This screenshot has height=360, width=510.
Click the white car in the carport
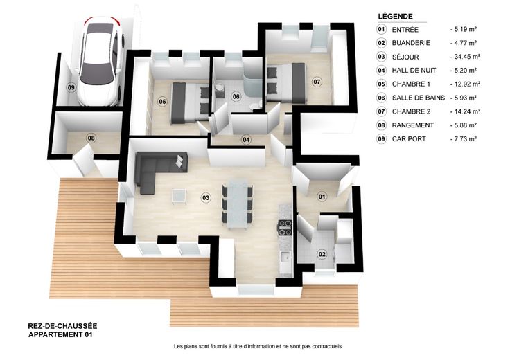100,61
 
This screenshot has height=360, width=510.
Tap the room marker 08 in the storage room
91,138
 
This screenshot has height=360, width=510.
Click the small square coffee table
179,197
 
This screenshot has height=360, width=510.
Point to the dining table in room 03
238,203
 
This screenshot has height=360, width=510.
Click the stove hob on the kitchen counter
285,228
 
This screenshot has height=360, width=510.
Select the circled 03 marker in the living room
206,197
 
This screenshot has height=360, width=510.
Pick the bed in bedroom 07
286,84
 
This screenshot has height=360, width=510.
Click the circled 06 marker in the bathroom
236,96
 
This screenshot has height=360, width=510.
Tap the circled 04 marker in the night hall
246,140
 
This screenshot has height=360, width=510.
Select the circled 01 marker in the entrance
322,197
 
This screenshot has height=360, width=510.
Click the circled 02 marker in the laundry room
322,254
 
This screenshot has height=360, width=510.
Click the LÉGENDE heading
395,16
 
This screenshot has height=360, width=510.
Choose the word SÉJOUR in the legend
405,57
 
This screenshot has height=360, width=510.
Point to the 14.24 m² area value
465,111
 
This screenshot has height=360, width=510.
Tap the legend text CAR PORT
409,139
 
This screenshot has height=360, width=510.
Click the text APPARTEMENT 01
60,334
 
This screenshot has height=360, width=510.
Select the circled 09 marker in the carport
71,87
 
